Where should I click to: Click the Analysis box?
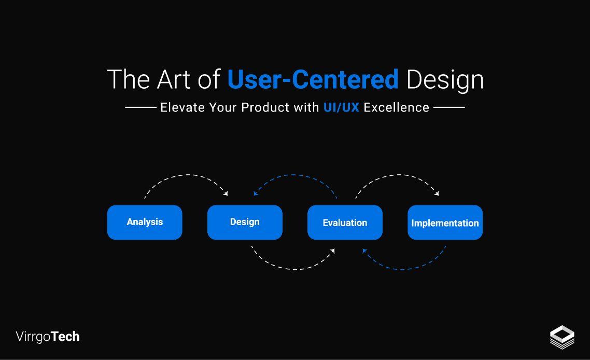tap(145, 222)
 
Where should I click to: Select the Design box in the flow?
tap(245, 222)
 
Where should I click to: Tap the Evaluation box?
tap(345, 223)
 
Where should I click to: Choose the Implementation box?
tap(445, 223)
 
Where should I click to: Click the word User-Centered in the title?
tap(313, 79)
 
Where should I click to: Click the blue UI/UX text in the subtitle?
tap(341, 107)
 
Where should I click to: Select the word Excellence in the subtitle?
tap(397, 107)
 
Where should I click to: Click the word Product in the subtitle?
tap(265, 107)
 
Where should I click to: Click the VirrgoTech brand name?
tap(48, 337)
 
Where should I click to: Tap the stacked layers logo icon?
tap(562, 337)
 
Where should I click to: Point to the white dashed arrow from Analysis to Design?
tap(187, 175)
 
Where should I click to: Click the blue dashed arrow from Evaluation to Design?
tap(294, 175)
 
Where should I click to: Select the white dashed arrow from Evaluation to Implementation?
tap(398, 175)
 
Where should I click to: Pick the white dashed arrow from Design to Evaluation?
tap(294, 269)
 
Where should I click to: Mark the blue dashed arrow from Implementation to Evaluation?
tap(404, 269)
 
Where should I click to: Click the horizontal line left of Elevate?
tap(141, 107)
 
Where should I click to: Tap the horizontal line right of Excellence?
tap(449, 107)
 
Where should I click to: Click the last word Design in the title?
tap(445, 79)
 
